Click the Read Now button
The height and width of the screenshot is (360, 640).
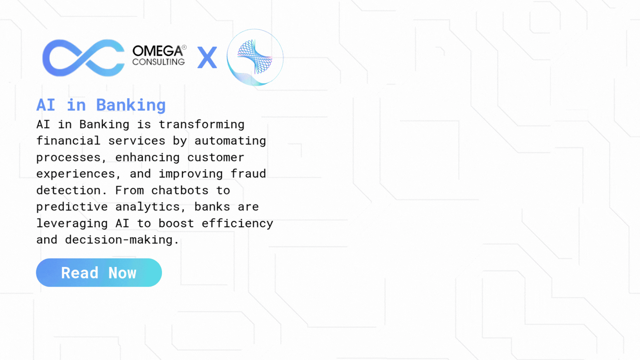(x=99, y=272)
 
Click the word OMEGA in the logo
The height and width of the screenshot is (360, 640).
(x=157, y=51)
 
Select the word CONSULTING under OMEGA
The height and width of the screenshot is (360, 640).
(x=158, y=62)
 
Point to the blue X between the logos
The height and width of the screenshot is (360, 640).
(x=207, y=57)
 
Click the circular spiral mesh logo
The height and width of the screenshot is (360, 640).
(x=255, y=57)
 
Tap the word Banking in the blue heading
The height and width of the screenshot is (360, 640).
(x=131, y=105)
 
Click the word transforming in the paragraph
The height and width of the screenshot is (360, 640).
(x=202, y=124)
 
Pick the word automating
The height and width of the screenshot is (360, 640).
(x=230, y=141)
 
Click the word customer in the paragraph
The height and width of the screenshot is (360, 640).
(x=216, y=157)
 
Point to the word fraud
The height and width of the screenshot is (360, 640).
(x=248, y=173)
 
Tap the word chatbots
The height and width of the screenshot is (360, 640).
(x=180, y=190)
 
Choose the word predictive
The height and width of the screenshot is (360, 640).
(x=72, y=207)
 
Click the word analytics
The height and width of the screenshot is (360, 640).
(x=148, y=207)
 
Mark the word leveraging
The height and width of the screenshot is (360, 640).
(x=72, y=223)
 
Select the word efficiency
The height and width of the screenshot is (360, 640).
(x=237, y=223)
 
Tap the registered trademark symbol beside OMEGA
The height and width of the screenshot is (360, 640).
(x=184, y=47)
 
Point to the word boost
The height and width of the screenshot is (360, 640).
(x=176, y=223)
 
